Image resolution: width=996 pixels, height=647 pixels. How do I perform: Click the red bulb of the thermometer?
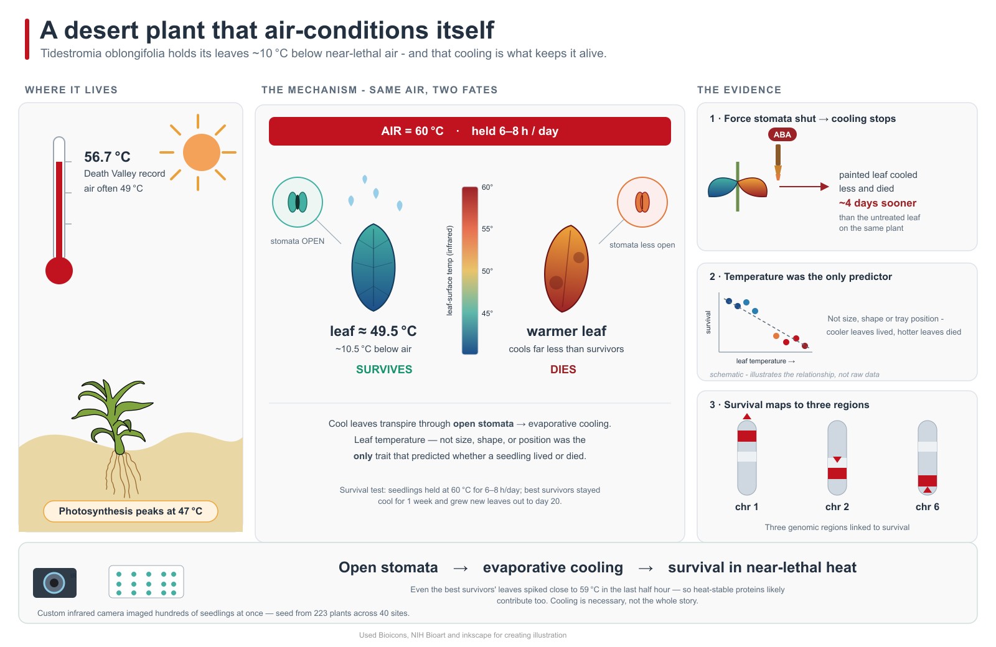[x=59, y=270]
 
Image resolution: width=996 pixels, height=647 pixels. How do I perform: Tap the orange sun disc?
[x=202, y=152]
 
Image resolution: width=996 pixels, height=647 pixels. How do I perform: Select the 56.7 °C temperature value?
[x=107, y=157]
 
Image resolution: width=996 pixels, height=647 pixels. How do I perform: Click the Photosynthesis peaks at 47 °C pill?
[x=130, y=511]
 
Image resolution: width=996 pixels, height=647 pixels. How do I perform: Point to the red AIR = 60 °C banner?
[x=469, y=131]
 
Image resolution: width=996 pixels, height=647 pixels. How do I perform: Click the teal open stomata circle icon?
[x=298, y=202]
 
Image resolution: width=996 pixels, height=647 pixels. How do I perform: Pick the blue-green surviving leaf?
[x=374, y=268]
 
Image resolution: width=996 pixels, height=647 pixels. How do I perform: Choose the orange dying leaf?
[x=566, y=269]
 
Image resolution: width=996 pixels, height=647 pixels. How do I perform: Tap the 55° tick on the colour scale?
[x=487, y=229]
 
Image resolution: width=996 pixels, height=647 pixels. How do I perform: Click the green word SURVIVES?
[x=384, y=370]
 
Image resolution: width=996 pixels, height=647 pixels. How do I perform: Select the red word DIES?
[x=563, y=370]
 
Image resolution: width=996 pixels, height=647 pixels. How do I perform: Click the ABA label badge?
[x=782, y=134]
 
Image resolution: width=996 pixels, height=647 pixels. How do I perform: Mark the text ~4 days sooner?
[x=877, y=203]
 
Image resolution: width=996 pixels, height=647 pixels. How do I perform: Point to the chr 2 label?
[x=837, y=506]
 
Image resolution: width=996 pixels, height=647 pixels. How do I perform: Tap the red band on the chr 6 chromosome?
[x=928, y=482]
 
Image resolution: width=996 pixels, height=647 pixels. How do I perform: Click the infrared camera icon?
[x=55, y=582]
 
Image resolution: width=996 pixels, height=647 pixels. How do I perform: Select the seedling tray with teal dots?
[x=146, y=582]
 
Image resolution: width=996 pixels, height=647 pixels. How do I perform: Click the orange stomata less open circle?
[x=642, y=202]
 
